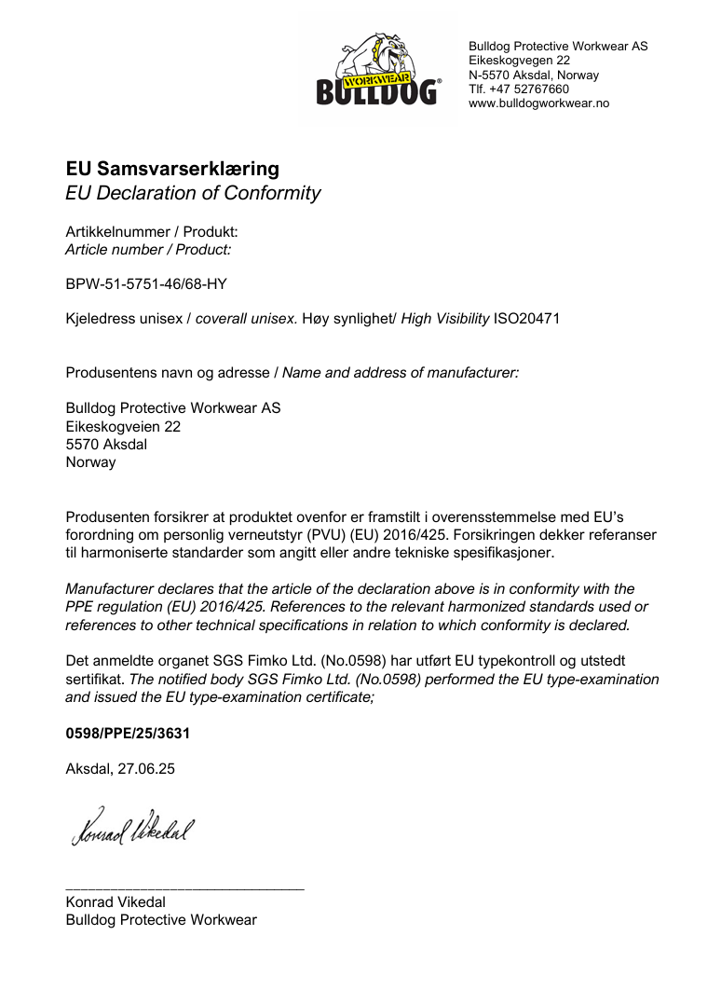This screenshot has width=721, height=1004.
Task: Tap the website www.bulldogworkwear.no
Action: coord(538,103)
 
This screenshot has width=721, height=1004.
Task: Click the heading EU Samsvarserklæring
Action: coord(172,169)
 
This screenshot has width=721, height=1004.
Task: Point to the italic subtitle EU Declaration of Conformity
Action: coord(193,194)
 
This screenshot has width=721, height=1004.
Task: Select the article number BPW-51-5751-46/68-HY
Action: coord(146,283)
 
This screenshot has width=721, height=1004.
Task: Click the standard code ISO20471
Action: coord(526,319)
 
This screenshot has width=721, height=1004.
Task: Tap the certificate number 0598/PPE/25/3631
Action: coord(128,734)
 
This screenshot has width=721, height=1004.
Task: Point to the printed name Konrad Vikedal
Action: coord(116,902)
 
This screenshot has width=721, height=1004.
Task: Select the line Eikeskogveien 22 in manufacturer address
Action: coord(123,426)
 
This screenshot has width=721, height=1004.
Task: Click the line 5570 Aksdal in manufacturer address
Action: coord(106,444)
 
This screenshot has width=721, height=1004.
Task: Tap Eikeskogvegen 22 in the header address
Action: coord(519,61)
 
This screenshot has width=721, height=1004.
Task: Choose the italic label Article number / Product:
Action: coord(148,249)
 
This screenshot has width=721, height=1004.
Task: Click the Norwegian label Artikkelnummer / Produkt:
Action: coord(152,231)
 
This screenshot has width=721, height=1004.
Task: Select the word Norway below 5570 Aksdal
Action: coord(90,461)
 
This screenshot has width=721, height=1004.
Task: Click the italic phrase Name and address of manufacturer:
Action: coord(401,373)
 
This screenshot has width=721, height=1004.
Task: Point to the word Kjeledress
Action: coord(98,319)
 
